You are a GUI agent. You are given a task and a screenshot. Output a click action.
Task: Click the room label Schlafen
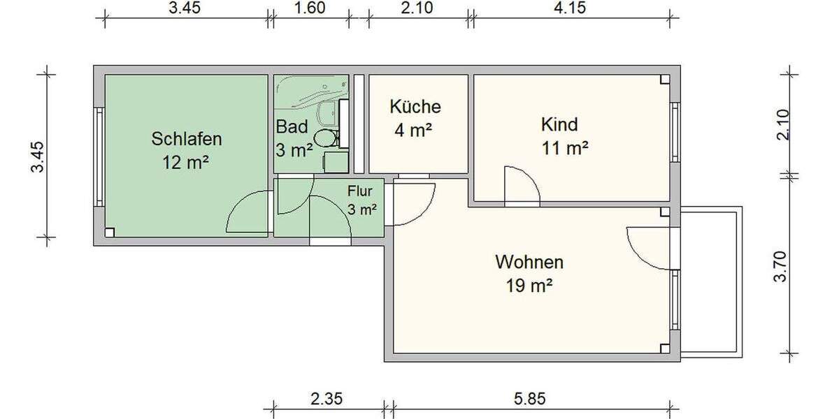coord(187,139)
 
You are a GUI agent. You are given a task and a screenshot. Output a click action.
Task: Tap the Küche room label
coord(415,107)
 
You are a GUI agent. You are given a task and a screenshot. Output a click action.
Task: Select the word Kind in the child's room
coord(559,125)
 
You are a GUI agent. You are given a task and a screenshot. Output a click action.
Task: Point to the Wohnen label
coord(529,263)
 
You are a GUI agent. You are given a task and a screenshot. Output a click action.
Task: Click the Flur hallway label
coord(362,190)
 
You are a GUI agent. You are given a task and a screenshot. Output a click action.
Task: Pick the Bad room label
coord(292,128)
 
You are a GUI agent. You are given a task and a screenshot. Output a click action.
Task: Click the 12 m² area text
coord(186,163)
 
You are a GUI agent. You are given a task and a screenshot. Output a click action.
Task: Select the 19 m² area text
coord(529,286)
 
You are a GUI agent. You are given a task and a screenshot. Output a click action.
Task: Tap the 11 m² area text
coord(564,148)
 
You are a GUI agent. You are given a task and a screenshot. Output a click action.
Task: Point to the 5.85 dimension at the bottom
coord(529,399)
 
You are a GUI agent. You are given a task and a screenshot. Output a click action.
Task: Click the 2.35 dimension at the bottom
coord(327,399)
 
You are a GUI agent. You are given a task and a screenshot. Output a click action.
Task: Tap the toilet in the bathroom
coord(325,138)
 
